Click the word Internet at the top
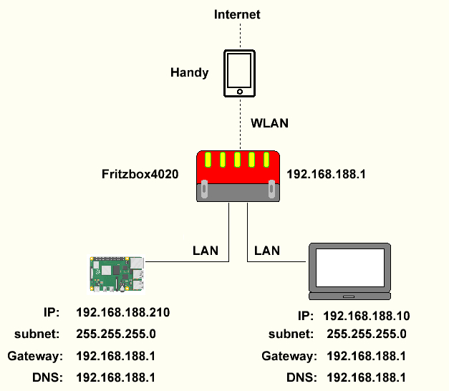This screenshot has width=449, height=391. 239,14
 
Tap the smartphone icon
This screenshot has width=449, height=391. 239,73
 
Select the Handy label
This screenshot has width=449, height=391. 190,72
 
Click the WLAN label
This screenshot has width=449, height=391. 269,122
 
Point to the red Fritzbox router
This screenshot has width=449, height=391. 238,175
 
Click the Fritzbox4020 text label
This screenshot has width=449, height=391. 140,174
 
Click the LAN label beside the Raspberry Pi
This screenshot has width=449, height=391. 206,251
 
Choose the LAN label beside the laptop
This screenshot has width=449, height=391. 267,251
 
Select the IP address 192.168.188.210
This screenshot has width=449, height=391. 122,312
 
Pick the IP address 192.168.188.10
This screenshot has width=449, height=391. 367,316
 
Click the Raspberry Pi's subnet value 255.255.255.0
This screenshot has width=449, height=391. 116,334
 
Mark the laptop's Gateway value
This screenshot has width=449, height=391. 367,356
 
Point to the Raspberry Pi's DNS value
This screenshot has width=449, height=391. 116,377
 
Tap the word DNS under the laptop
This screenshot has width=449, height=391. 301,377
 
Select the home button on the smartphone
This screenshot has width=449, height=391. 239,91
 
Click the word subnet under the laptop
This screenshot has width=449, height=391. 291,334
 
